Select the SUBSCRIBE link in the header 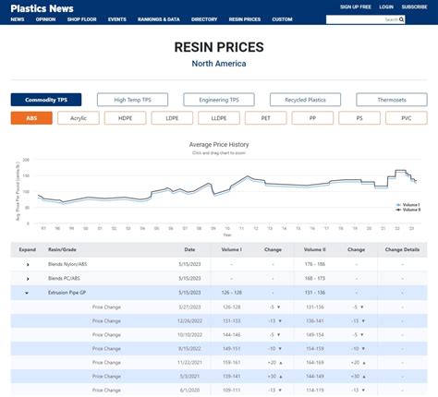pos(413,6)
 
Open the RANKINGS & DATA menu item pos(159,18)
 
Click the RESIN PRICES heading pos(218,47)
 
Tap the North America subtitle pos(218,64)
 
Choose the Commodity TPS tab pos(46,100)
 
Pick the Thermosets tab pos(392,100)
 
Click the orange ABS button pos(31,118)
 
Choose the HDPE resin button pos(125,118)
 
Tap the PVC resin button pos(406,118)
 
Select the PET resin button pos(265,118)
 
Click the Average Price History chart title pos(219,145)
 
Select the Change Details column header pos(402,249)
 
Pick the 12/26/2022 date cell pos(189,320)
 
